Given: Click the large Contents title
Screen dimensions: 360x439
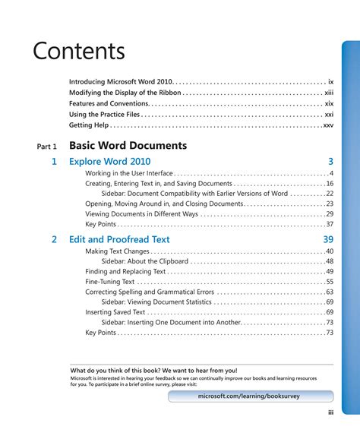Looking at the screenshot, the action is click(x=78, y=51).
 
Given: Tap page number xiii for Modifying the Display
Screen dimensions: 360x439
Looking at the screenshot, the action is click(x=329, y=92).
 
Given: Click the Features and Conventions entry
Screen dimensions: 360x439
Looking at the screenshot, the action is click(x=108, y=103).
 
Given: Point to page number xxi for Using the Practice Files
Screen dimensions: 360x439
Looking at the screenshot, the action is click(x=329, y=114).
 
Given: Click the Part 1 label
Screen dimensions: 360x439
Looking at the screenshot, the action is click(x=46, y=146).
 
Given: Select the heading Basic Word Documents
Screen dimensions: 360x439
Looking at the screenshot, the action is click(x=128, y=145).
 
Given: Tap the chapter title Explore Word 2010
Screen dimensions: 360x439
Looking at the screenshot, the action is click(x=109, y=162).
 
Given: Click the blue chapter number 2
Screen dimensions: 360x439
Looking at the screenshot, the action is click(x=54, y=239).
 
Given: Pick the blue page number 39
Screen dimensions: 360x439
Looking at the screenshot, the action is click(x=328, y=239).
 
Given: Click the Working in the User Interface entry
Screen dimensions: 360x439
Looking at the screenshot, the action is click(x=129, y=173).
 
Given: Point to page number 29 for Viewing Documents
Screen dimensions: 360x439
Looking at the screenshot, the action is click(x=330, y=214).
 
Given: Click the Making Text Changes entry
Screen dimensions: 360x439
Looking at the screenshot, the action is click(x=117, y=251).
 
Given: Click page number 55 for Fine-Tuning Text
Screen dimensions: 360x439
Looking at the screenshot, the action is click(x=330, y=282).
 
